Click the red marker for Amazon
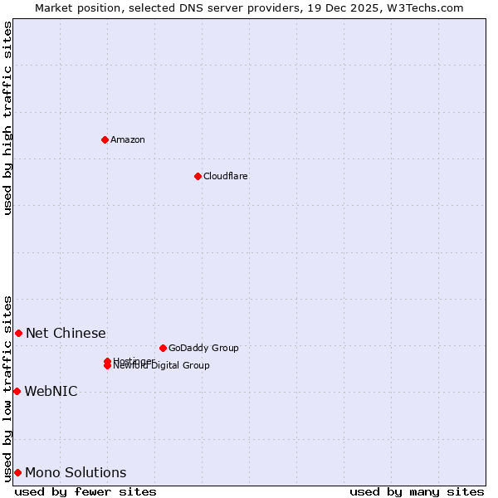tap(105, 139)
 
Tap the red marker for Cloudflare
tap(198, 176)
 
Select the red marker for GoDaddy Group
tap(163, 348)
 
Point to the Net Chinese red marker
tap(18, 333)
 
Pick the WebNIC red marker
tap(17, 391)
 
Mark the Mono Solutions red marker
tap(17, 472)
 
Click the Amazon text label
tap(128, 139)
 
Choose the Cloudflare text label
tap(226, 176)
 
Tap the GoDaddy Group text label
tap(203, 348)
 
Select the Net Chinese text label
tap(66, 333)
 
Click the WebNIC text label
tap(51, 391)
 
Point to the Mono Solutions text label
tap(76, 472)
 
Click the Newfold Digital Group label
tap(162, 366)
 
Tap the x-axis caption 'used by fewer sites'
tap(85, 491)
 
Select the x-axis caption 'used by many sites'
tap(417, 491)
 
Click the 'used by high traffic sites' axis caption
tap(7, 118)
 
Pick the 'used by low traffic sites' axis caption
tap(7, 388)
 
